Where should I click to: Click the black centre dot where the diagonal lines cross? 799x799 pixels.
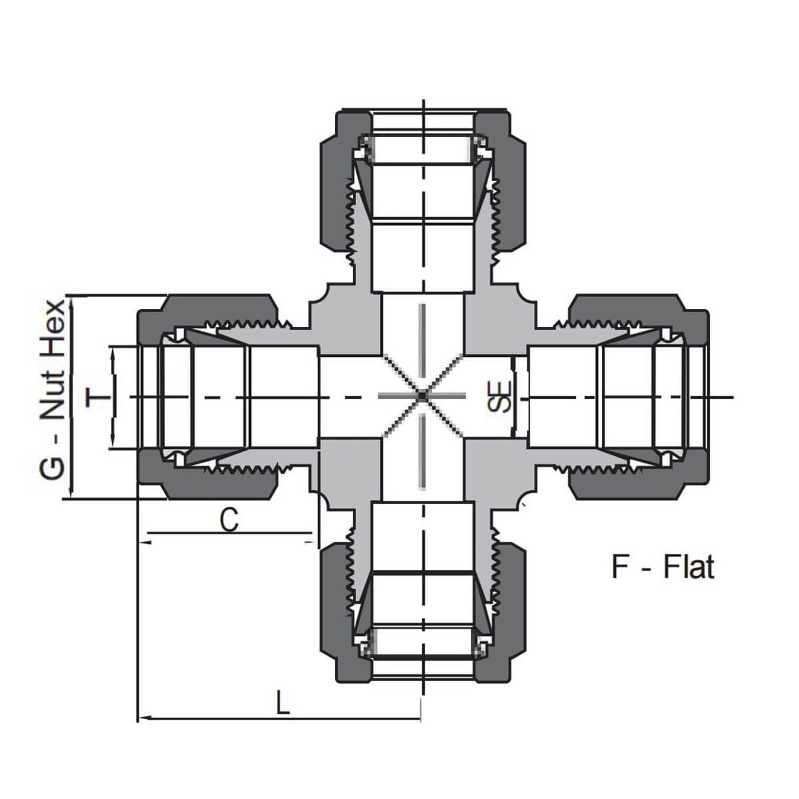click(x=421, y=396)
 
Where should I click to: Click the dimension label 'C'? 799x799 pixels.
click(x=229, y=520)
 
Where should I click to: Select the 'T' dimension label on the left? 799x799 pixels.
click(x=97, y=397)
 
